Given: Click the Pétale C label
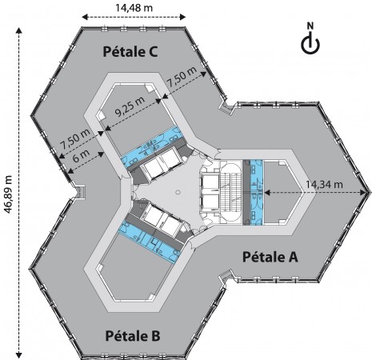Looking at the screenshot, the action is [x=130, y=51].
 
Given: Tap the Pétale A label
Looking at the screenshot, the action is [x=270, y=257].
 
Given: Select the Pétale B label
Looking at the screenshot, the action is [x=133, y=336].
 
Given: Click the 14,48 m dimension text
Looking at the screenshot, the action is [x=134, y=8].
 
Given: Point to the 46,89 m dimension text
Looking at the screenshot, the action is [x=8, y=194].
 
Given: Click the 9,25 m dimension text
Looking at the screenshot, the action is [x=130, y=106].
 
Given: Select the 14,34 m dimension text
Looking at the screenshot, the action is [x=324, y=184].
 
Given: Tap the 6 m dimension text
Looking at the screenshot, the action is [x=79, y=157].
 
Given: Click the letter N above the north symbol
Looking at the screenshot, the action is [x=310, y=26].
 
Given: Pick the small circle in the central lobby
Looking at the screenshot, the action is [x=178, y=192].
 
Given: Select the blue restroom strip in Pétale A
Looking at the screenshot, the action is [x=256, y=192].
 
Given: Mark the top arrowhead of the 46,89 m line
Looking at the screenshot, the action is [x=18, y=30].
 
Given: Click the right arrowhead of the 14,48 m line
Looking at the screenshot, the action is [x=182, y=17].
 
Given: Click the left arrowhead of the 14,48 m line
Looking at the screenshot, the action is [x=85, y=17].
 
